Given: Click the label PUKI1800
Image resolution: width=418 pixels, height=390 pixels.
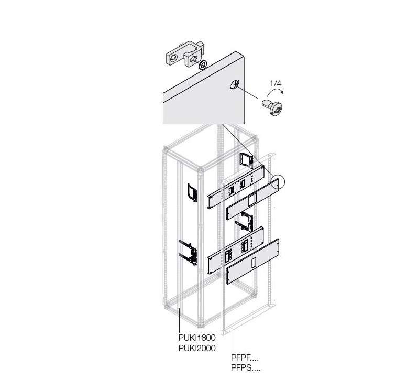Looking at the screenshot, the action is [x=197, y=338].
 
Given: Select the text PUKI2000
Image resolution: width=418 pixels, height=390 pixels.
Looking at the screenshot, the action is [x=197, y=348].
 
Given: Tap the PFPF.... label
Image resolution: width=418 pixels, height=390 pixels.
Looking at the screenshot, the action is [x=245, y=358].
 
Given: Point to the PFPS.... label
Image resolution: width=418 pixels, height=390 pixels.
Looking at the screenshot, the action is [x=246, y=368].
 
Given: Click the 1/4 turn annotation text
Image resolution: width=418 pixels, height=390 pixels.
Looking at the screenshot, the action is [x=276, y=83].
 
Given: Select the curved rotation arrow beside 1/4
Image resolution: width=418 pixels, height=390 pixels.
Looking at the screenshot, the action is [x=274, y=91].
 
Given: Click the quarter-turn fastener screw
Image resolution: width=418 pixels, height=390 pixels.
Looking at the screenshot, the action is [x=272, y=107].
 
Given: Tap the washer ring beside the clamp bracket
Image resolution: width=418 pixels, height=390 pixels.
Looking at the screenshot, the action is [x=203, y=65].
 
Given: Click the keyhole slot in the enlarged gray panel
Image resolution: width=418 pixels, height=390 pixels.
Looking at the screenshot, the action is [x=234, y=85].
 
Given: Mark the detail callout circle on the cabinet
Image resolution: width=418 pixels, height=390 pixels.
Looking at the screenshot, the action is [x=278, y=182].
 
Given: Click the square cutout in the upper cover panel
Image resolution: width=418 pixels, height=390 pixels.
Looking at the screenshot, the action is [x=252, y=200].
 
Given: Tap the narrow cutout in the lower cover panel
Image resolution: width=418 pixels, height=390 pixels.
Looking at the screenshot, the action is [x=254, y=263].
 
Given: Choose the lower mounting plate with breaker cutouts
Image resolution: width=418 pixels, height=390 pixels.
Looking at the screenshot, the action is [x=236, y=250].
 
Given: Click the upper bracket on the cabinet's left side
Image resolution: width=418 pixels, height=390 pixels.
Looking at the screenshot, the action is [x=192, y=192].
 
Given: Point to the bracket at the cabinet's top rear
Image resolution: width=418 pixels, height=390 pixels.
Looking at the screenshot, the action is [x=246, y=160].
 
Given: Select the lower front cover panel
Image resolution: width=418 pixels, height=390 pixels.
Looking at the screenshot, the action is [x=252, y=262].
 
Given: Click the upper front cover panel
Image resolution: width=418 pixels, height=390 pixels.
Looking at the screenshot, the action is [x=252, y=199].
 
